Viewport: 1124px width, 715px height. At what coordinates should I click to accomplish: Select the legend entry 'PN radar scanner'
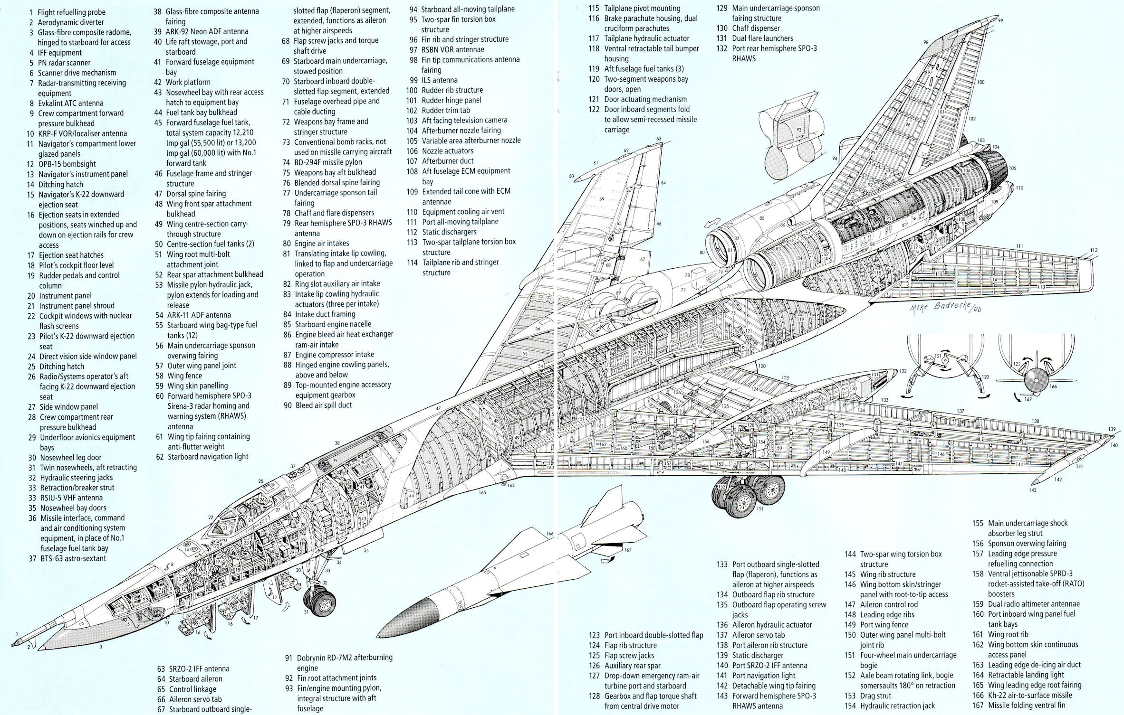tap(64, 63)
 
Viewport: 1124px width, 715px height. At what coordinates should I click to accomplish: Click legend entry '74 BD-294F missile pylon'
tap(328, 162)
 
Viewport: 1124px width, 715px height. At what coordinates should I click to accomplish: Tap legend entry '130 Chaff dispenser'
tap(755, 28)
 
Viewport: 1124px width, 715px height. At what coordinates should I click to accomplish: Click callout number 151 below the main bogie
tap(759, 508)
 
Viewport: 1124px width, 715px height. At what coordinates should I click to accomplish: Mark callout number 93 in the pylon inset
tap(798, 130)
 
